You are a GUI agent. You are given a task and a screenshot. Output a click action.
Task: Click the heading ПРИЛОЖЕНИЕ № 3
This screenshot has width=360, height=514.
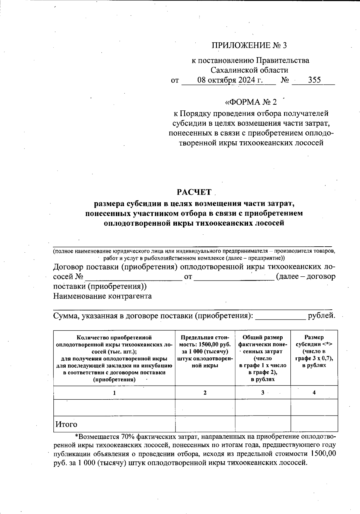click(249, 45)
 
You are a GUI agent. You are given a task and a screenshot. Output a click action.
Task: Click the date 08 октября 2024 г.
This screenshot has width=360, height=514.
click(230, 80)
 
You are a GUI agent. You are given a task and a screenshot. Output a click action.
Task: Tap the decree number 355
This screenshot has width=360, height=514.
click(314, 80)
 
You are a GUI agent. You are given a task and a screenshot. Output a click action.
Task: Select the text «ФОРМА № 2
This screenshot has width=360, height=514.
click(251, 102)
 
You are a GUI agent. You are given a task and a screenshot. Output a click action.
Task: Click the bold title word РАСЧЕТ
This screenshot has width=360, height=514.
click(194, 192)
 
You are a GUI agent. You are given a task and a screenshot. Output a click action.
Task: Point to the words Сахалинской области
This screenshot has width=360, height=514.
click(249, 70)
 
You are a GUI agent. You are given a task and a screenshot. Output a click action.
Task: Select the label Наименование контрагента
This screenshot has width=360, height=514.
click(102, 296)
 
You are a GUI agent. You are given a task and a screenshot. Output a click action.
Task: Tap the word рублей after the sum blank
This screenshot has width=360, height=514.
click(321, 316)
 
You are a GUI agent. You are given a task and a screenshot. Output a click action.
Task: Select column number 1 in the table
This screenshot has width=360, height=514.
click(114, 392)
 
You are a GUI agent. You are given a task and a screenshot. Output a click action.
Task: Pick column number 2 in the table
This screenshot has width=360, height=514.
click(205, 392)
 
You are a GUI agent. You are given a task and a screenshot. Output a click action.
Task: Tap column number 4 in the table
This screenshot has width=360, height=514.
click(314, 392)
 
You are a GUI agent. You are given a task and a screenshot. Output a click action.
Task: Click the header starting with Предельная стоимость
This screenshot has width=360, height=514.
click(205, 351)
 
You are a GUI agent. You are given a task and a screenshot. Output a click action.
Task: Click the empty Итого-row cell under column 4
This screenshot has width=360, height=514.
click(314, 424)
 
